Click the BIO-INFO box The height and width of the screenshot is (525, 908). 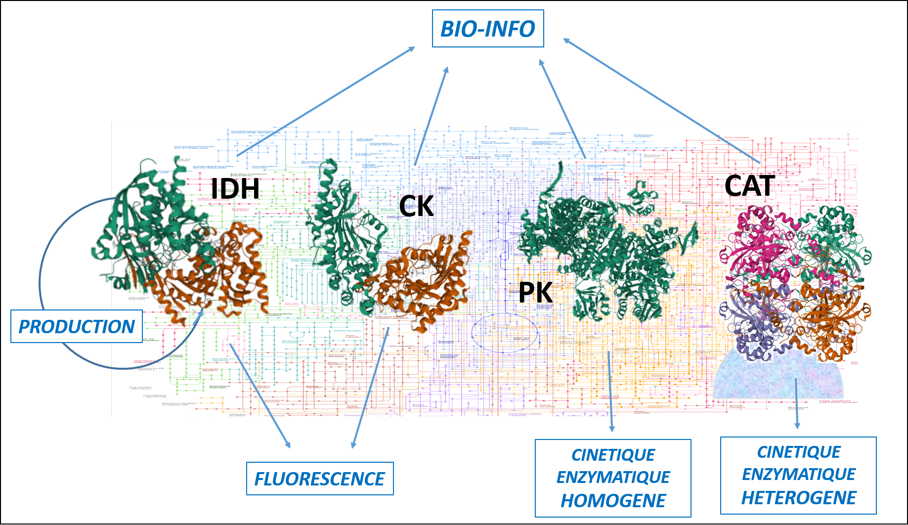pyautogui.click(x=488, y=29)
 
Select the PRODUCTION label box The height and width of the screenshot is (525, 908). pyautogui.click(x=77, y=326)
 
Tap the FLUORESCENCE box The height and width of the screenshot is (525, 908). pyautogui.click(x=319, y=479)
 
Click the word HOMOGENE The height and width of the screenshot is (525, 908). pyautogui.click(x=613, y=501)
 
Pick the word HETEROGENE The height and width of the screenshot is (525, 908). pyautogui.click(x=798, y=498)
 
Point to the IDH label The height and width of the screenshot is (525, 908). pyautogui.click(x=235, y=188)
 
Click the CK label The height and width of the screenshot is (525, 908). pyautogui.click(x=416, y=206)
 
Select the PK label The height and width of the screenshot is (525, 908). pyautogui.click(x=535, y=293)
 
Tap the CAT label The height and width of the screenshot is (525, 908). pyautogui.click(x=749, y=186)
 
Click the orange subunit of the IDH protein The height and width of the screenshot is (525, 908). pyautogui.click(x=227, y=277)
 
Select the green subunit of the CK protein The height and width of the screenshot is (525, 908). pyautogui.click(x=341, y=232)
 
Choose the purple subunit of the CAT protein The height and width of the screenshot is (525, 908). pyautogui.click(x=751, y=316)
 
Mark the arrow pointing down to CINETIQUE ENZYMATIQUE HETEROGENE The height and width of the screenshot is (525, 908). pyautogui.click(x=796, y=403)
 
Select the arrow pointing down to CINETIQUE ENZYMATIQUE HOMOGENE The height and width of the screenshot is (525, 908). pyautogui.click(x=610, y=391)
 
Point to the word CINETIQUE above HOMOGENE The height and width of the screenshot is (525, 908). pyautogui.click(x=613, y=455)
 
